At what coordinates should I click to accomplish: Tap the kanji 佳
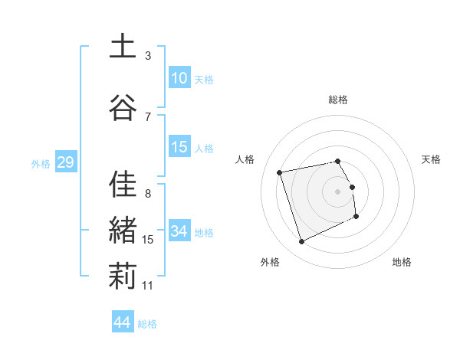coord(123,184)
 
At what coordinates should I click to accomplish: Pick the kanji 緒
coord(123,231)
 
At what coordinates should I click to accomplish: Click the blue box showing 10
coord(179,78)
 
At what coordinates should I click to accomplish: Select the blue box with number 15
coord(179,148)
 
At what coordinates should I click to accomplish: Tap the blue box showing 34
coord(179,231)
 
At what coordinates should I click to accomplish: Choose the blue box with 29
coord(65,163)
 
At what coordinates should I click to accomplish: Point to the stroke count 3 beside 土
coord(148,55)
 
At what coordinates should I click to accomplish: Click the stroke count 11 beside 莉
coord(148,286)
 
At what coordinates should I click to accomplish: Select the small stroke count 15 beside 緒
coord(148,240)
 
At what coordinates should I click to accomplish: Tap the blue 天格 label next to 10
coord(204,79)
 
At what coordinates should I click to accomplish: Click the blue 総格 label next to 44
coord(147,324)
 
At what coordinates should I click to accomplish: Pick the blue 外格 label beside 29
coord(41,164)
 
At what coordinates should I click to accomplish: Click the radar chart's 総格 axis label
coord(338,100)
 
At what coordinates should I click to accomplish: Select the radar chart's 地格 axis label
coord(402,262)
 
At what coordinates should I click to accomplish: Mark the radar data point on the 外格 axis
coord(301,242)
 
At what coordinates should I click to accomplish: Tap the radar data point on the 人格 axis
coord(280,172)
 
